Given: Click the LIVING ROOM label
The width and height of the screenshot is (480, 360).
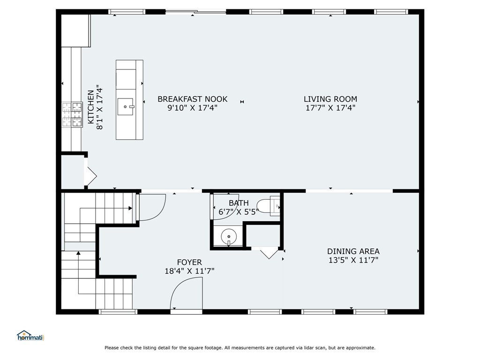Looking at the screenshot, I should tap(330, 99).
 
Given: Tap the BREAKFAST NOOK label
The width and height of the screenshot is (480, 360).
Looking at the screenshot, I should tap(192, 99).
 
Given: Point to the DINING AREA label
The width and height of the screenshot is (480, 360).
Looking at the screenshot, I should tap(353, 251).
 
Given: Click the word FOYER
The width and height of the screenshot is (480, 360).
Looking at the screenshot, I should tap(189, 262).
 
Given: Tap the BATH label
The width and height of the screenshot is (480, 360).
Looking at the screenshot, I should tap(239, 203).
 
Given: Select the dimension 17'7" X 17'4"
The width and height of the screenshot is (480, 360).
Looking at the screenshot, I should tap(330, 108).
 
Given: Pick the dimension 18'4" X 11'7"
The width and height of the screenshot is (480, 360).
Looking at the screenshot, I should tap(189, 271).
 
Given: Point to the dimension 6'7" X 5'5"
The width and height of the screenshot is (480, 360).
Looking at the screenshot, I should tap(239, 211).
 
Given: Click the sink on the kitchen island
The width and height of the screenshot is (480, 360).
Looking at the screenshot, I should tap(126, 107).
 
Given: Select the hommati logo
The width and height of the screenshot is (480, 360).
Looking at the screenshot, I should tap(30, 335).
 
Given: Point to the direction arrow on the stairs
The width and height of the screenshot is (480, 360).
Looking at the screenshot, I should tap(78, 254).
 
